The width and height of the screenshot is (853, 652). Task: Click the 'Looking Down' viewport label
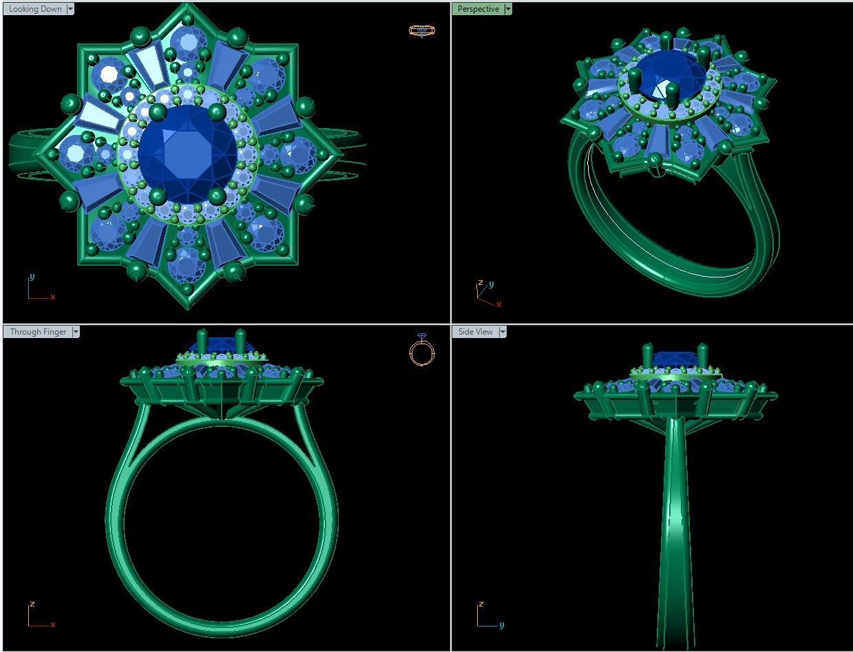point(35,9)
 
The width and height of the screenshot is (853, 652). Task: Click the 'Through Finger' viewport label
point(38,332)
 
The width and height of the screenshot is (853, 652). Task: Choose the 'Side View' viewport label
point(475,332)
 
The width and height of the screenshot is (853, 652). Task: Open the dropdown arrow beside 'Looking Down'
point(71,9)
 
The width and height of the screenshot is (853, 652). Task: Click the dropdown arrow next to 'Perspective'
point(508,9)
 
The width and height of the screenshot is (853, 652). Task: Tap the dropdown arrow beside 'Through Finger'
point(76,332)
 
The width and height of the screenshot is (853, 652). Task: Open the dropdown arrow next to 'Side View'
point(503,332)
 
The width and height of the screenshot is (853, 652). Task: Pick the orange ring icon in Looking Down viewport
point(421,30)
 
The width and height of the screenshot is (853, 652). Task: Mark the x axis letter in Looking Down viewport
point(53,297)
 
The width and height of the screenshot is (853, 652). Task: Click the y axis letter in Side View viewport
point(501,625)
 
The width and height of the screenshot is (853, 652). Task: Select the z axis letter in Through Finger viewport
point(32,604)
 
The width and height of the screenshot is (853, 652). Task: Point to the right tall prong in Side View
point(702,355)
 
